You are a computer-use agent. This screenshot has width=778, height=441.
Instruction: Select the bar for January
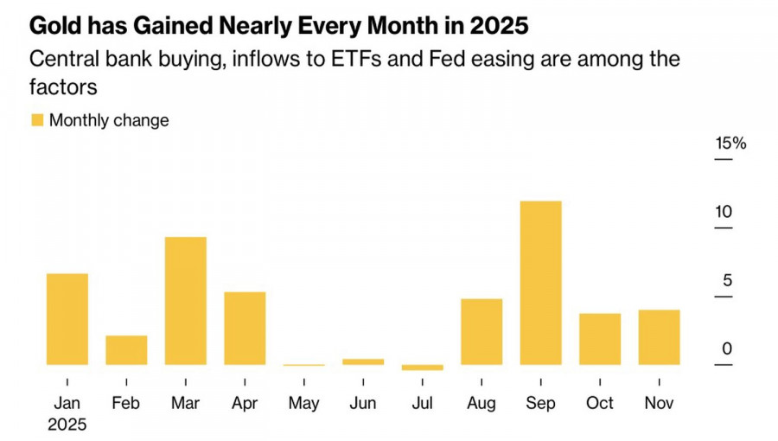[67, 319]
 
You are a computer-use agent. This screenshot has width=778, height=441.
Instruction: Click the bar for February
[126, 349]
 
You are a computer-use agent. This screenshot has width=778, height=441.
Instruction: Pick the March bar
[185, 300]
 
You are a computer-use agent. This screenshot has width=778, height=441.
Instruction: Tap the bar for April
[245, 328]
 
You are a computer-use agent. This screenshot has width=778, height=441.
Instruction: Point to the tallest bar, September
[540, 283]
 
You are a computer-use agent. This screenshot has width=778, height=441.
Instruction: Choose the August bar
[481, 331]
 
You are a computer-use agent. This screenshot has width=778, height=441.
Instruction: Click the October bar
[600, 339]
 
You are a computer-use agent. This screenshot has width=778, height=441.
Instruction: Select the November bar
[659, 337]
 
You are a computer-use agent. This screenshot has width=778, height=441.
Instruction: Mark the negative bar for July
[422, 367]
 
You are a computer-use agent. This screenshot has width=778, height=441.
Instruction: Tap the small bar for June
[363, 361]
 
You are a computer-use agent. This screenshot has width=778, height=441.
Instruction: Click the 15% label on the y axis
[730, 144]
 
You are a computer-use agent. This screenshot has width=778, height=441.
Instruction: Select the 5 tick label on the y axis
[727, 280]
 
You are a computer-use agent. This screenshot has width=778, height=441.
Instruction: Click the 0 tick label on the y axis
[727, 348]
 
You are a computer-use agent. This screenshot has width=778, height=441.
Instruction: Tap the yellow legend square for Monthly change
[37, 120]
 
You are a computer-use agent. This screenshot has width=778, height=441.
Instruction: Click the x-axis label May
[303, 403]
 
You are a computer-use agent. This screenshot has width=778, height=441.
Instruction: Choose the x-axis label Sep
[540, 403]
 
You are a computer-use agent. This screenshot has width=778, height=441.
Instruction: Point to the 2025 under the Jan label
[67, 425]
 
